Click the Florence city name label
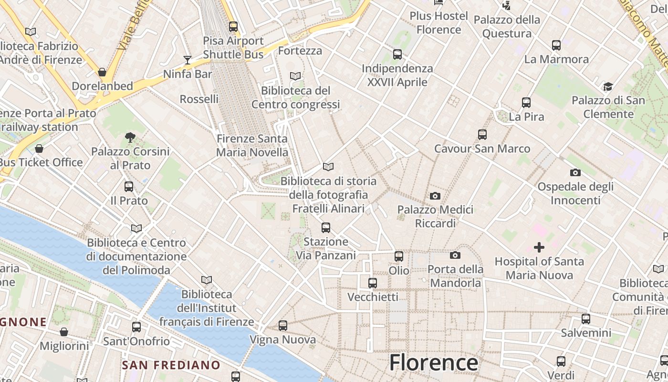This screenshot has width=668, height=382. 433,362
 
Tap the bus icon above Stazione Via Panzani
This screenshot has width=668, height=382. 326,228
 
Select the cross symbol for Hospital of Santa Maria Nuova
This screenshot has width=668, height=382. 539,247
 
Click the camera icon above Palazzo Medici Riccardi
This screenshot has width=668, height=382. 435,196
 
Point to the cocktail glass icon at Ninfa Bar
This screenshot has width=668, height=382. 188,60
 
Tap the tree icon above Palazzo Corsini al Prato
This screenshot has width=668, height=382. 130,138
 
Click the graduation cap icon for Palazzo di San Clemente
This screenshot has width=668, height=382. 608,87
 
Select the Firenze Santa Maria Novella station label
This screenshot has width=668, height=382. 252,146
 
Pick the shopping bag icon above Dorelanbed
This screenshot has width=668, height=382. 102,72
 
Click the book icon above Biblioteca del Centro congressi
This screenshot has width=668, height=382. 295,76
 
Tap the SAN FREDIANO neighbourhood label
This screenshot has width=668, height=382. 171,365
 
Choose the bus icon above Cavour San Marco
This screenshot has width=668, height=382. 482,135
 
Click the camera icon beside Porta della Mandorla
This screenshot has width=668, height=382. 455,255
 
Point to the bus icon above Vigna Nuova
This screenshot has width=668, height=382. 283,326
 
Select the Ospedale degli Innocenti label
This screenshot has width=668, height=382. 575,193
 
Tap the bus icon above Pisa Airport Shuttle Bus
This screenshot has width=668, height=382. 233,27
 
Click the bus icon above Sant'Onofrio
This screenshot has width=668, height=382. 136,327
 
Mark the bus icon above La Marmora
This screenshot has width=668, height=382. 556,45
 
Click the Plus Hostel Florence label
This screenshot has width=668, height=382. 438,22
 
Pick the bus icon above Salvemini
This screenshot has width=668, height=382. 586,319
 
